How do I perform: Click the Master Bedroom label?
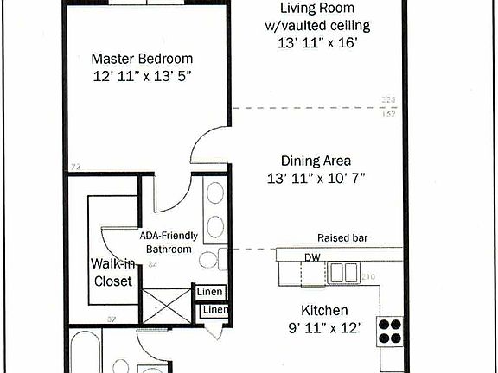pos(143,59)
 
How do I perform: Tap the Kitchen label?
pos(323,310)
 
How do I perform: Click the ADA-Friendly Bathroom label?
pos(169,243)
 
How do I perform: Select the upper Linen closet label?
pos(209,292)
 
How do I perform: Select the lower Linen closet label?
pos(215,310)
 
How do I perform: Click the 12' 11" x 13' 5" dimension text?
pos(143,78)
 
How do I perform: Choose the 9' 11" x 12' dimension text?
pos(323,328)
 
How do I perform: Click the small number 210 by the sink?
pos(368,276)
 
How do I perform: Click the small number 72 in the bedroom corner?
pos(75,166)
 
